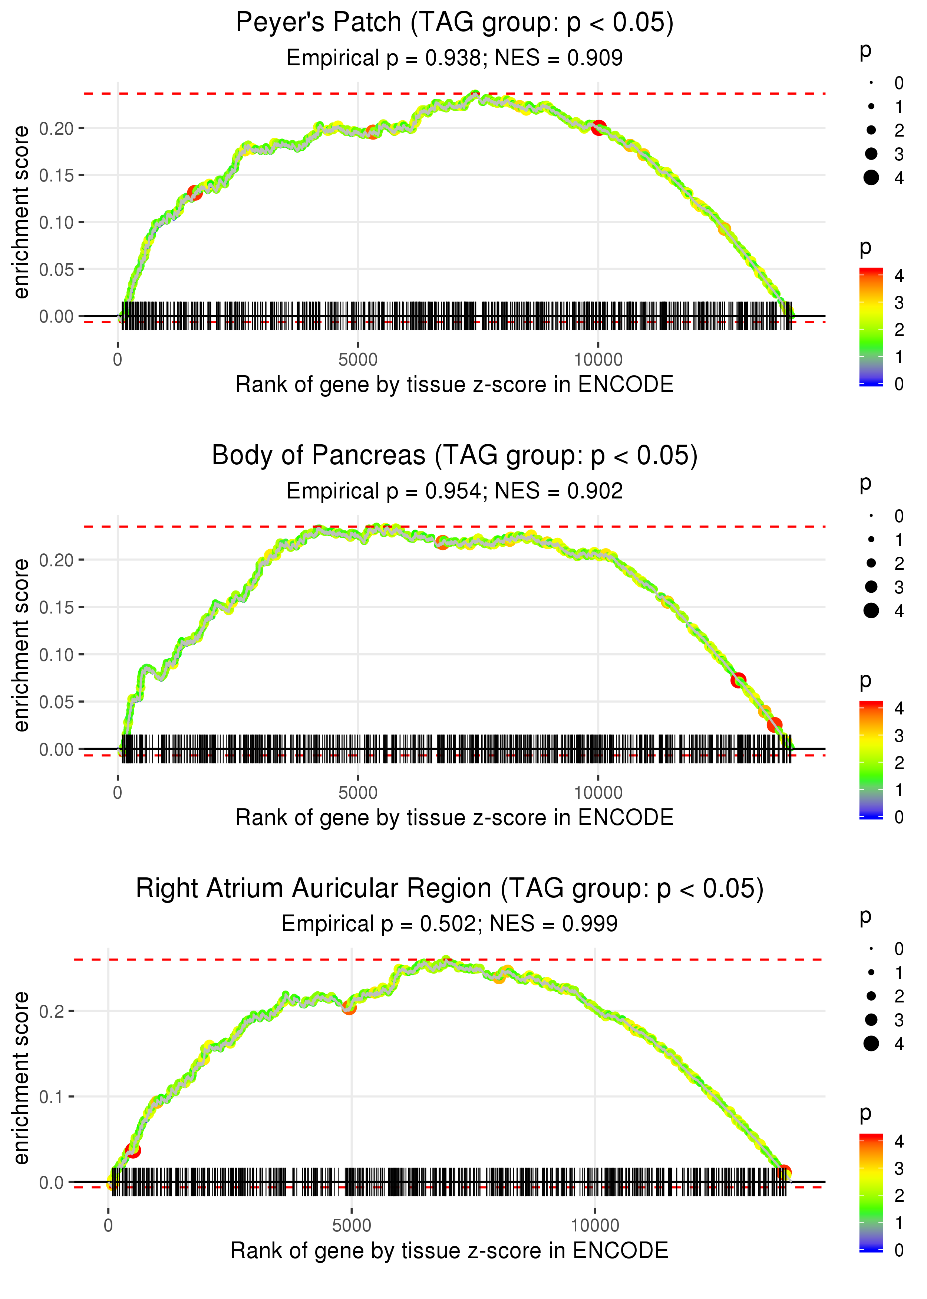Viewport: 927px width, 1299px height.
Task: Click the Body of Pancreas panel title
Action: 454,456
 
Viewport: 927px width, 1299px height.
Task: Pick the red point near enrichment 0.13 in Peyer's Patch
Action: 195,193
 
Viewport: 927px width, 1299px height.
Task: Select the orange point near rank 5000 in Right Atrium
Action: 349,1008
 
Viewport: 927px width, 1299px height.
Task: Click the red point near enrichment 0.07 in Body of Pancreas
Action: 738,680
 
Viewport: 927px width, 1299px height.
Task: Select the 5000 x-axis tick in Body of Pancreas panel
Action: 358,793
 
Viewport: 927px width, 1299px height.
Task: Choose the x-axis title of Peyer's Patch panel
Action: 454,385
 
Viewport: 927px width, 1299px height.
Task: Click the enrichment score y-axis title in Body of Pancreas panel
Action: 21,645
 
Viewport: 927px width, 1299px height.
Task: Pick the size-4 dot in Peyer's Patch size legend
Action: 871,178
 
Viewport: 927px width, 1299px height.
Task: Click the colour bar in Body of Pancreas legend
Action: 871,760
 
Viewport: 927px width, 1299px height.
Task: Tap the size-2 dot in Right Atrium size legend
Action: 871,996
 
